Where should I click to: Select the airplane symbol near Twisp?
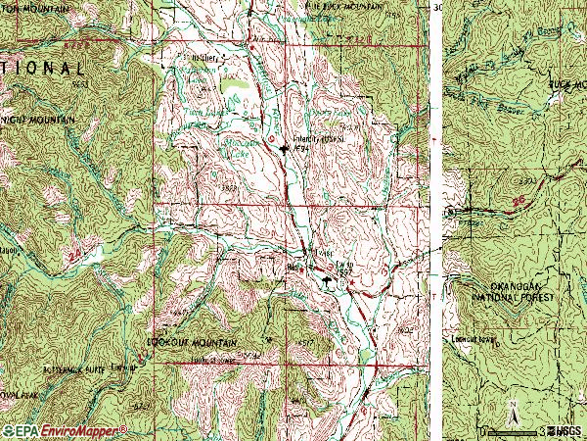click(328, 281)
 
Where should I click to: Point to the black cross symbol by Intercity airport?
click(285, 149)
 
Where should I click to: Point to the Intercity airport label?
click(314, 139)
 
